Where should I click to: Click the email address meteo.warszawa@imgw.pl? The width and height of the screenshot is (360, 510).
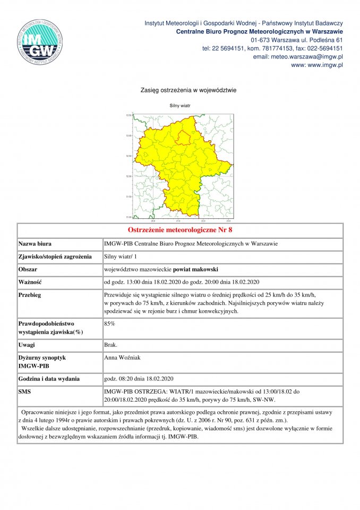pyautogui.click(x=298, y=56)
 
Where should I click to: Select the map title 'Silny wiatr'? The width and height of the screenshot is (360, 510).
pyautogui.click(x=179, y=106)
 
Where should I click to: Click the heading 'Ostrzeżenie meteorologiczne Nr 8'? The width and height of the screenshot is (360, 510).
pyautogui.click(x=180, y=231)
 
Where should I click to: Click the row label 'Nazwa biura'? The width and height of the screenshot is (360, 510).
pyautogui.click(x=35, y=244)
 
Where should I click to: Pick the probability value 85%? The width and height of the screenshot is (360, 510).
pyautogui.click(x=109, y=323)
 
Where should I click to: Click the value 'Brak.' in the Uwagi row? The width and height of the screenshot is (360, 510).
pyautogui.click(x=112, y=345)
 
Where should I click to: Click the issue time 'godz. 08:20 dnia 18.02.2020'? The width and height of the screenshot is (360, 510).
pyautogui.click(x=139, y=379)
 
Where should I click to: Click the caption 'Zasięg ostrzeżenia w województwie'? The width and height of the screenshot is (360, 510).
pyautogui.click(x=180, y=90)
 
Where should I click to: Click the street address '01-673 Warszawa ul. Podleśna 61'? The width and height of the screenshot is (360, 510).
pyautogui.click(x=296, y=40)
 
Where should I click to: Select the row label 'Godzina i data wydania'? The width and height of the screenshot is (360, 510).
pyautogui.click(x=49, y=379)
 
